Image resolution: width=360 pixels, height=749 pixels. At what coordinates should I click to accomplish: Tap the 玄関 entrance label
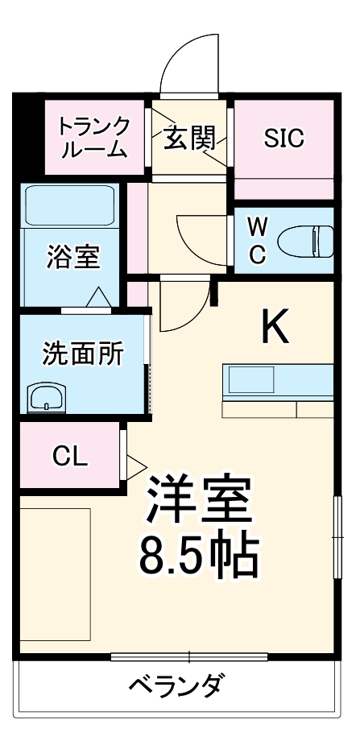[190, 138]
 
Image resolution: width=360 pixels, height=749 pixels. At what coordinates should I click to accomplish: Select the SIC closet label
[283, 138]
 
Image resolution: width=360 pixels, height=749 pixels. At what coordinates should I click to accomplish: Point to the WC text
[257, 240]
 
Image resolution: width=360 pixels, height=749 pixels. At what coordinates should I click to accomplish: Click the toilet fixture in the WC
[306, 239]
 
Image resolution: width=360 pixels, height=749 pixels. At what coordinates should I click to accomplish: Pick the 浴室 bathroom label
[72, 257]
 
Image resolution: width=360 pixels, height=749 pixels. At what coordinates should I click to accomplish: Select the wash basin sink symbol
[50, 397]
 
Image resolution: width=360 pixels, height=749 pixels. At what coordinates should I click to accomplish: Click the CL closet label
[69, 456]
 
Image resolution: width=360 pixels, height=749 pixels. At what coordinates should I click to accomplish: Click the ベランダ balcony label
[176, 687]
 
